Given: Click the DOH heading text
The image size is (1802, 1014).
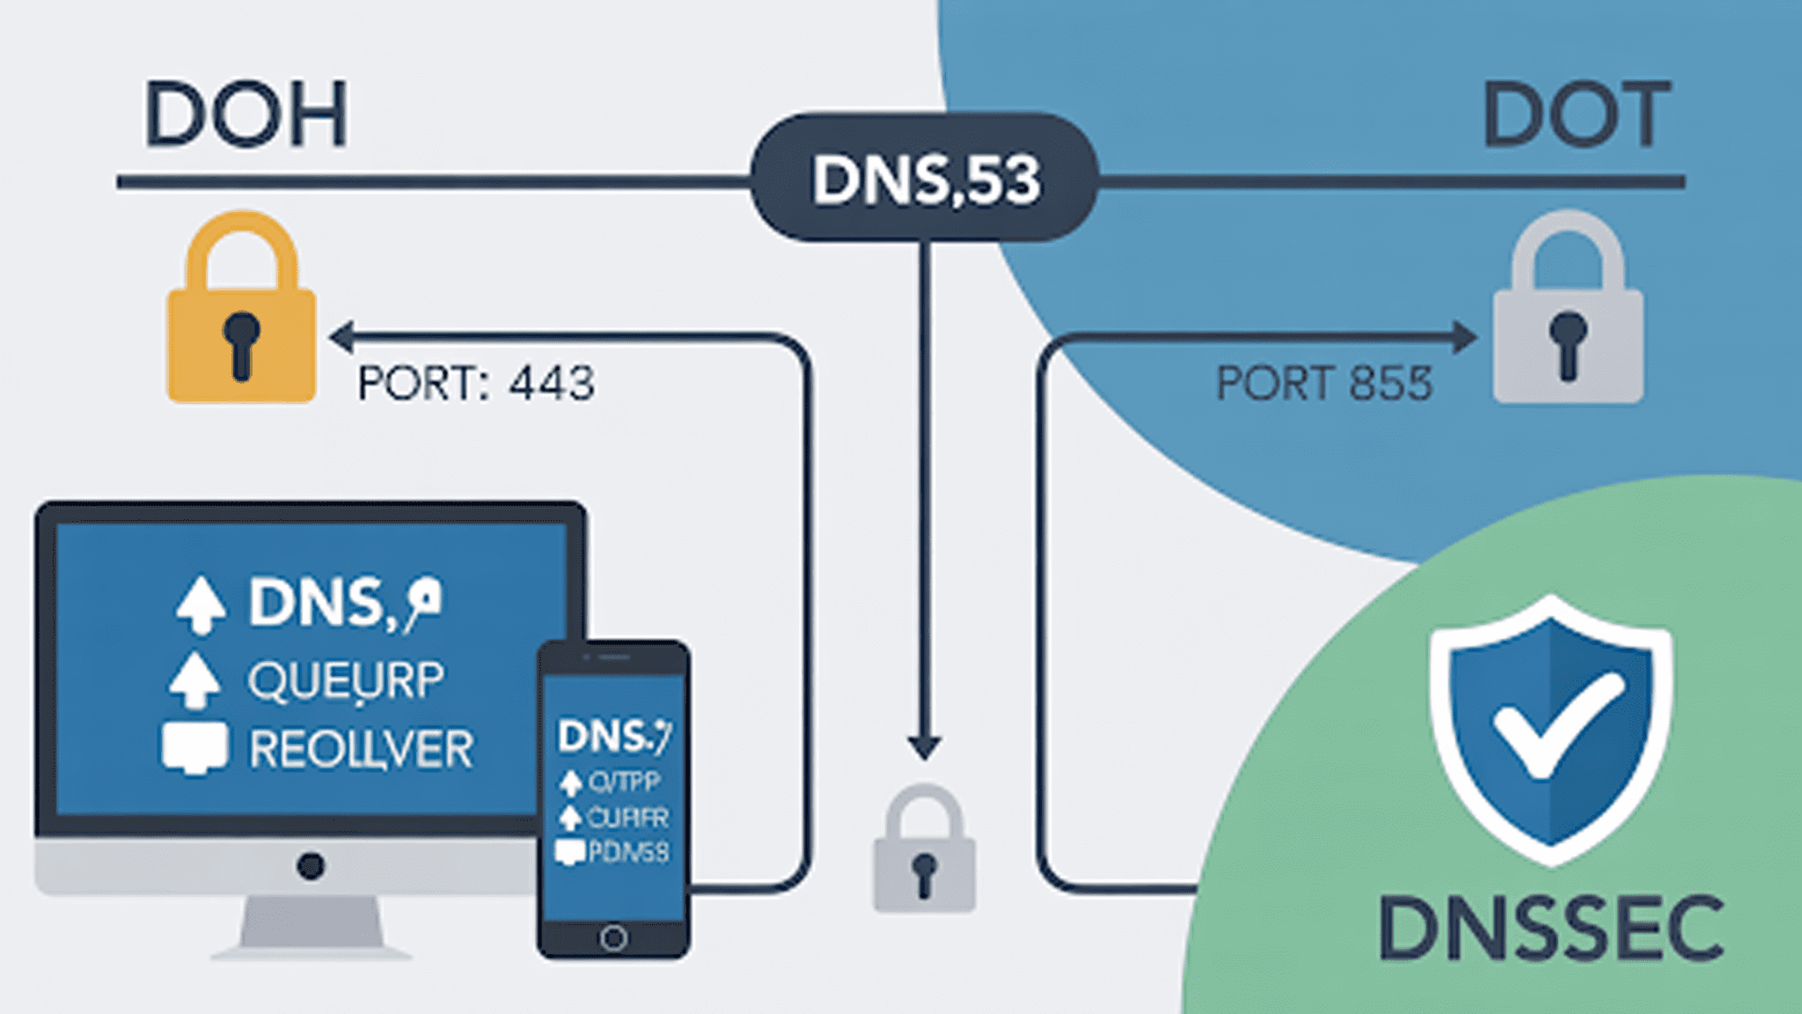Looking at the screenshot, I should click(x=245, y=115).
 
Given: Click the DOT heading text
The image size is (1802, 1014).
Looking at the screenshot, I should click(x=1576, y=115).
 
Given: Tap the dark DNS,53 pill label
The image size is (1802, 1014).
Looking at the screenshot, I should click(x=924, y=179).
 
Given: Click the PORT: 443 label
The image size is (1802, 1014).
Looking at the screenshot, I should click(x=476, y=384).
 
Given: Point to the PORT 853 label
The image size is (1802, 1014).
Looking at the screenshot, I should click(x=1323, y=384).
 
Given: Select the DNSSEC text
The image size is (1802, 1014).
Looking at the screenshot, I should click(x=1550, y=929).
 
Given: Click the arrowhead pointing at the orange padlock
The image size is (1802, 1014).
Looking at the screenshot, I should click(x=341, y=336).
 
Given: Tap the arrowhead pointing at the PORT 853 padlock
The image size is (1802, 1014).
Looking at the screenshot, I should click(x=1464, y=337).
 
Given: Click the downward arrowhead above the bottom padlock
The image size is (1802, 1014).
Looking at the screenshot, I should click(x=924, y=747).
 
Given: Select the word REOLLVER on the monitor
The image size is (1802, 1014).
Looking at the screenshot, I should click(x=361, y=749).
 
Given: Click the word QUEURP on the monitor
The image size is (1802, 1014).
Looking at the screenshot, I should click(x=346, y=680).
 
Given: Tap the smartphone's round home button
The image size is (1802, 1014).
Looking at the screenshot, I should click(x=613, y=937).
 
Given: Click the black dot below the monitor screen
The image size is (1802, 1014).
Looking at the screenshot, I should click(x=310, y=865).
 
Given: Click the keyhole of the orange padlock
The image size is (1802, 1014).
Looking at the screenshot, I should click(x=241, y=343).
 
